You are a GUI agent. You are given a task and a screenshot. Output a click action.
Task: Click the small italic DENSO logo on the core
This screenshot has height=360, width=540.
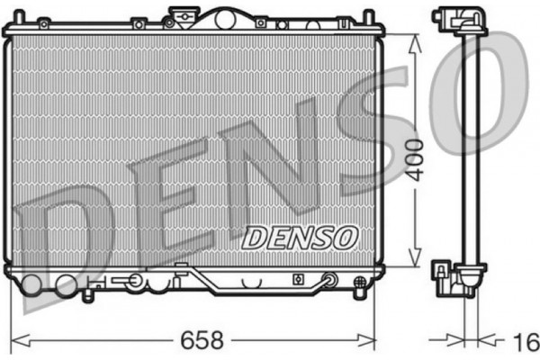tap(301, 238)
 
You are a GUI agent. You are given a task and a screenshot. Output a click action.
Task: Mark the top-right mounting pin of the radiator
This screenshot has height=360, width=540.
tap(367, 17)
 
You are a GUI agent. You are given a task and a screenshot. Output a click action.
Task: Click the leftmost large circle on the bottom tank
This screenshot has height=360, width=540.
tap(32, 285)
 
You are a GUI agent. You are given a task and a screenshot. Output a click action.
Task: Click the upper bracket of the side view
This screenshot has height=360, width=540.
tap(447, 19)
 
